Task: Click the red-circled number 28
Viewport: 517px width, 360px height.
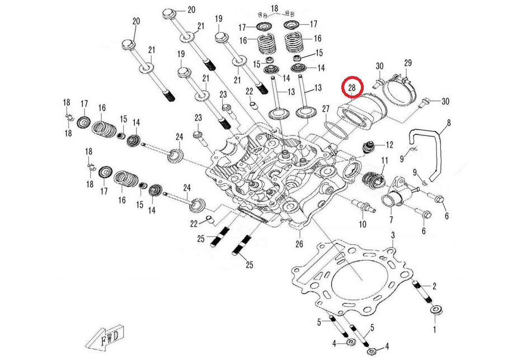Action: point(352,88)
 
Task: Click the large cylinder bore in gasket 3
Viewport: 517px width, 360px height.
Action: point(353,279)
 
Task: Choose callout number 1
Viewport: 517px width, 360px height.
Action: point(435,330)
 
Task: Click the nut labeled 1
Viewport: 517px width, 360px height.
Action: point(435,310)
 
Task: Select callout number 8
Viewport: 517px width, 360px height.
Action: point(448,121)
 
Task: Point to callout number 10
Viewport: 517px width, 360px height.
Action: point(362,224)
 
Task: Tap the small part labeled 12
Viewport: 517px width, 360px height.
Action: point(369,148)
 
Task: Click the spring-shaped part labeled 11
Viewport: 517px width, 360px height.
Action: point(372,181)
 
